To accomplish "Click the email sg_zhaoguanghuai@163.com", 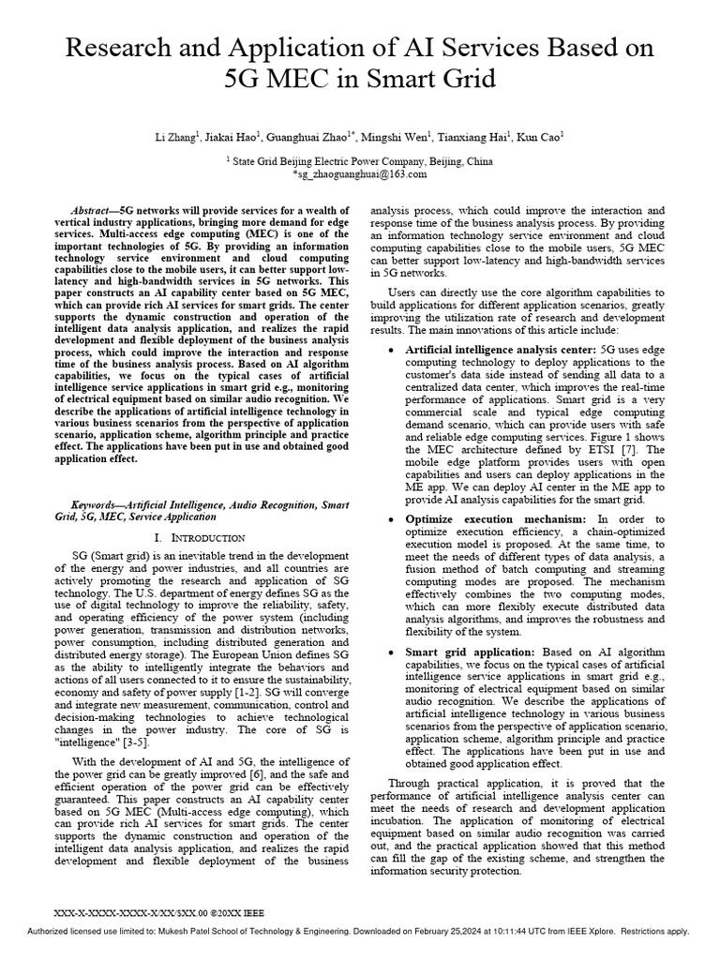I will tap(360, 174).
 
